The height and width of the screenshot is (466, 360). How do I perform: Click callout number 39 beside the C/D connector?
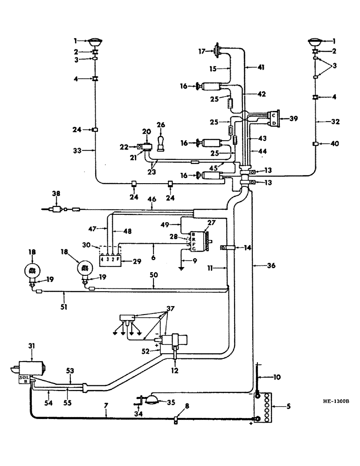292,119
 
